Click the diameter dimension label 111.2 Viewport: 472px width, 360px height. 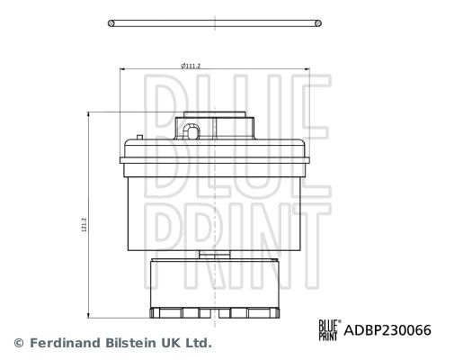tap(191, 66)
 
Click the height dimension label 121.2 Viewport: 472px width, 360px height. tap(85, 225)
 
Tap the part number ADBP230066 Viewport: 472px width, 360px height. tap(387, 330)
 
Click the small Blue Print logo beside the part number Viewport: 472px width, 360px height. tap(330, 330)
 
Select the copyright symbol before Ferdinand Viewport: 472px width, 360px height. tap(19, 343)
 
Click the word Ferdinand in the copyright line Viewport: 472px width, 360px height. tap(65, 343)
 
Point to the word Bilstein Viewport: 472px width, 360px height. tap(131, 343)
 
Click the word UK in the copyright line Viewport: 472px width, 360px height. tap(172, 343)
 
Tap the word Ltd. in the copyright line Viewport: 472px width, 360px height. tap(198, 343)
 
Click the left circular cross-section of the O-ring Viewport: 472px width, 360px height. tap(111, 23)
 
